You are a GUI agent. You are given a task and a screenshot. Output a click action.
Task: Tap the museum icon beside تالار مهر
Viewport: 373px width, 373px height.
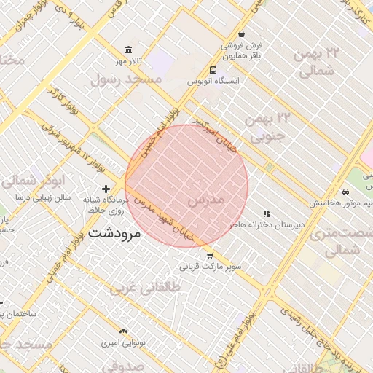click(x=129, y=50)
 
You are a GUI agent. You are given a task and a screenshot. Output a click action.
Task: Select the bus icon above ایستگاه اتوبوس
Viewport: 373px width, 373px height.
click(x=212, y=70)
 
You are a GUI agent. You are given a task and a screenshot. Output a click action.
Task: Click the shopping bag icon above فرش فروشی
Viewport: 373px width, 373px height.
click(x=241, y=34)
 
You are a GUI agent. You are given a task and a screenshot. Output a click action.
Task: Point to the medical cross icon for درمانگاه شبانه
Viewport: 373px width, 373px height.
click(x=106, y=189)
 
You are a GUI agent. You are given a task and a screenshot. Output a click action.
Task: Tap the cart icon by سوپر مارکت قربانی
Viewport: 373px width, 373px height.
click(x=210, y=256)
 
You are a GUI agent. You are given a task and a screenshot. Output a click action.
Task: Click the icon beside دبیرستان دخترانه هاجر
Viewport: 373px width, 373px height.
click(x=267, y=213)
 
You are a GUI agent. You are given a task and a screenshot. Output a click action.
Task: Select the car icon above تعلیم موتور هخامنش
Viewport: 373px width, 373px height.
click(x=345, y=191)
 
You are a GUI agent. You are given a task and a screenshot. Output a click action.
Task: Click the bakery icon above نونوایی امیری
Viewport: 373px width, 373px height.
click(x=122, y=331)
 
